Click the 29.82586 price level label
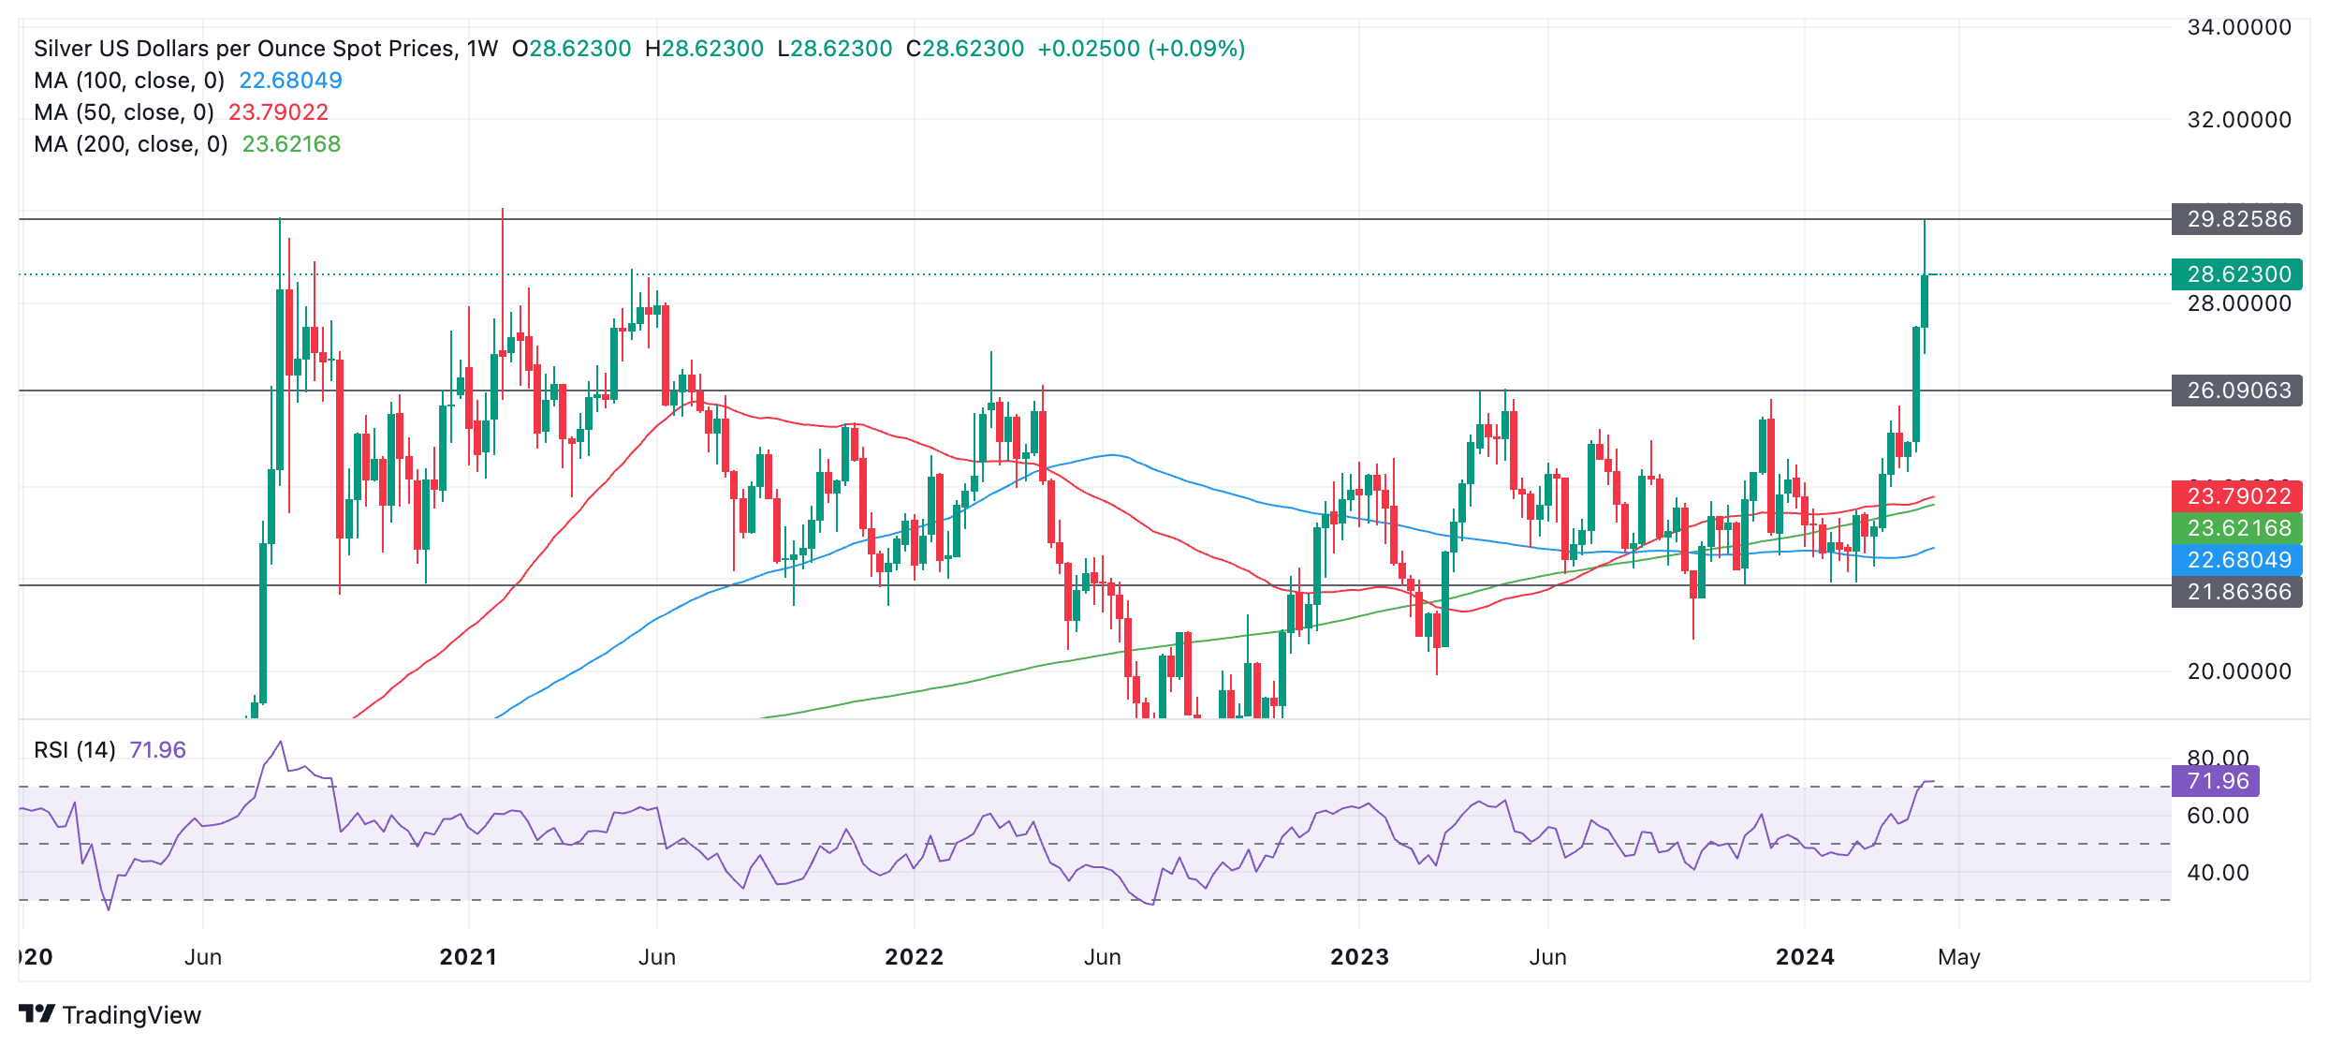coord(2237,219)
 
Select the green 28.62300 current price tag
coord(2237,274)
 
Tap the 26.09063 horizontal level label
coord(2237,391)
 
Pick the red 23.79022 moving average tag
coord(2237,496)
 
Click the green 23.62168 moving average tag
coord(2237,528)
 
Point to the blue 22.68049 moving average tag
coord(2237,560)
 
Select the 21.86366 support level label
coord(2237,592)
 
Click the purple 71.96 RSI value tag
coord(2216,781)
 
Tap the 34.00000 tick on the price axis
coord(2239,27)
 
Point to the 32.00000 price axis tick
coord(2239,120)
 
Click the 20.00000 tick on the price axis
coord(2239,671)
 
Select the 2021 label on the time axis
coord(468,957)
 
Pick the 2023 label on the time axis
coord(1359,957)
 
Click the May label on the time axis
coord(1958,957)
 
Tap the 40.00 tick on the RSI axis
coord(2218,873)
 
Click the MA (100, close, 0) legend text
coord(129,81)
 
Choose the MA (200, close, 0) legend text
coord(131,144)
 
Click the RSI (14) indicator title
coord(75,750)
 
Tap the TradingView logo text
coord(131,1015)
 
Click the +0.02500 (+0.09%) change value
coord(1141,49)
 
